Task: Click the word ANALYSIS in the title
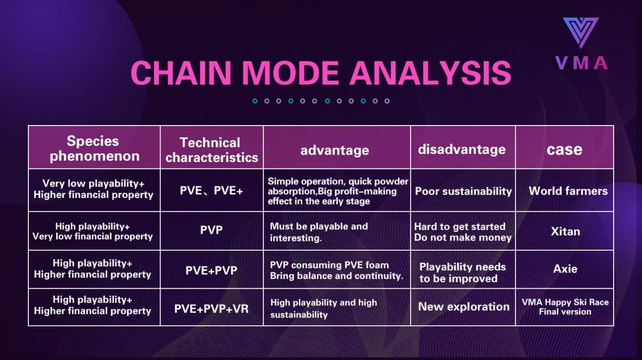[x=430, y=73]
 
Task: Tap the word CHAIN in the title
[x=181, y=73]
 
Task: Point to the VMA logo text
[x=581, y=63]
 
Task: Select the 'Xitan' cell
[x=565, y=231]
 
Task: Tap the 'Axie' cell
[x=565, y=269]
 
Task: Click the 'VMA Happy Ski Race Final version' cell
[x=565, y=307]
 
